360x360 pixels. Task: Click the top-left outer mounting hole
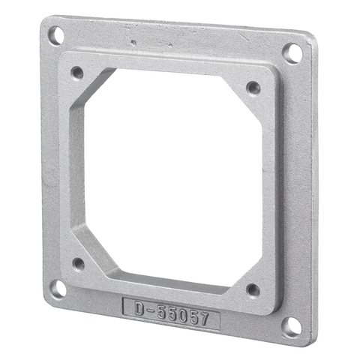tap(55, 34)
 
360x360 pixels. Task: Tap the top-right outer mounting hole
tap(292, 52)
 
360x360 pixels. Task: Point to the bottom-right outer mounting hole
tap(290, 325)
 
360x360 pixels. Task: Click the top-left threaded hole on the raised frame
tap(76, 73)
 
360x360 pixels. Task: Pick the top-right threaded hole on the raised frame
tap(253, 88)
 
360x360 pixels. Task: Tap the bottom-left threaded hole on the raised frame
tap(78, 263)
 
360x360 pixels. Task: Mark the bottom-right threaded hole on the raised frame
tap(252, 289)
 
